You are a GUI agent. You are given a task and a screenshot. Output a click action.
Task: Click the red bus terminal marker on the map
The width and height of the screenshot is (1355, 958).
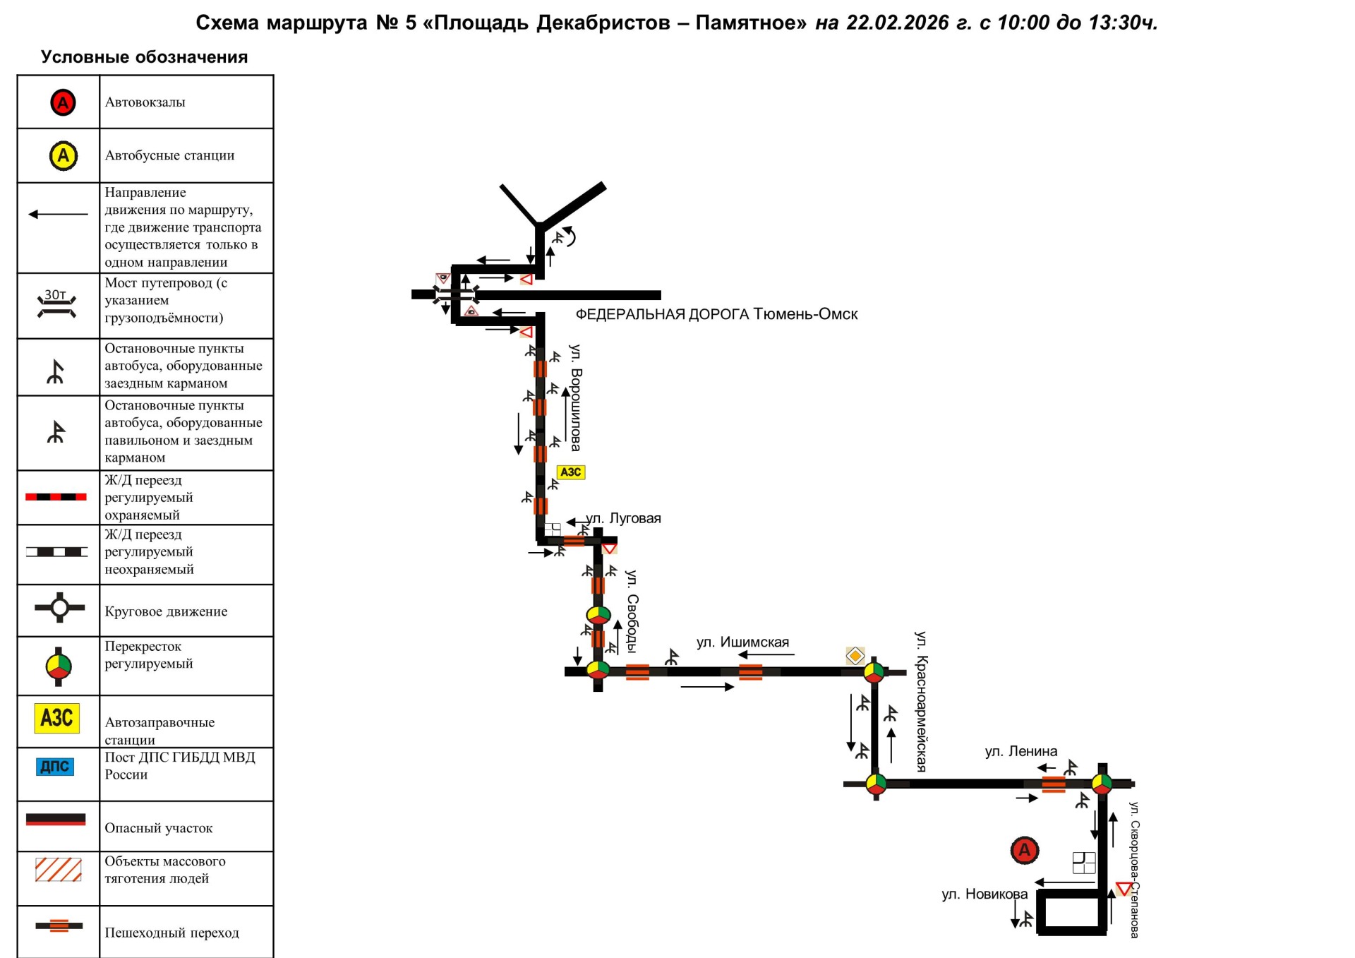click(x=1024, y=850)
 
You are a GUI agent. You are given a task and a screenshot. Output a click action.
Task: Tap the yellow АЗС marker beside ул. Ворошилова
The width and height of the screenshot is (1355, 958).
click(x=571, y=472)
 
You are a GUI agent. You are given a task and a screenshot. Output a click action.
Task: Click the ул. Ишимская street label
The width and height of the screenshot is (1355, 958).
click(x=742, y=642)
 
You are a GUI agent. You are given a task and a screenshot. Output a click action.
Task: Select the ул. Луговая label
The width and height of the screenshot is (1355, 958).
click(x=624, y=518)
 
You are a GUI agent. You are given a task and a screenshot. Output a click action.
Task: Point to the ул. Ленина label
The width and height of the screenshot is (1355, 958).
click(x=1020, y=751)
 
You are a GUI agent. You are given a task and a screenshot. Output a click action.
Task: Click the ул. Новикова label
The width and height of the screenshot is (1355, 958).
click(x=984, y=894)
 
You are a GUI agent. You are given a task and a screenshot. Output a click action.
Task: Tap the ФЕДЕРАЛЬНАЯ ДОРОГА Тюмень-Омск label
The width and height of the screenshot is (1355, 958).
click(x=716, y=314)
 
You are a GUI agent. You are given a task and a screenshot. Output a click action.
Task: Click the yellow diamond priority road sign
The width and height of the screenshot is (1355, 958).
click(x=855, y=656)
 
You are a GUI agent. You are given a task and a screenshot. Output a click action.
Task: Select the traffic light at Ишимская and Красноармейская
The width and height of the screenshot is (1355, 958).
click(x=874, y=671)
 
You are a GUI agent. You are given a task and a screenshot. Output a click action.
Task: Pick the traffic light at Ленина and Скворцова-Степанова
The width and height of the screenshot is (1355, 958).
click(x=1102, y=783)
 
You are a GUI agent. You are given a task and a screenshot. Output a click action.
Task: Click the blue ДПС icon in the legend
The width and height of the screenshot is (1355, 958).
click(x=55, y=767)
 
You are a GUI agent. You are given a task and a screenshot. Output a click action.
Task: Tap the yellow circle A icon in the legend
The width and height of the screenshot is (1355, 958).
click(x=63, y=155)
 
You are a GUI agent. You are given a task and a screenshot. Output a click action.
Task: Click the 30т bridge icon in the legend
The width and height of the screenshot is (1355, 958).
click(x=56, y=304)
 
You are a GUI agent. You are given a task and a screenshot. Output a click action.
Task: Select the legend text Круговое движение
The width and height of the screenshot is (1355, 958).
click(x=166, y=611)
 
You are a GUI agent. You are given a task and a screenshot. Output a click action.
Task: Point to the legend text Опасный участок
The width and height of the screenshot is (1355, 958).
click(x=158, y=828)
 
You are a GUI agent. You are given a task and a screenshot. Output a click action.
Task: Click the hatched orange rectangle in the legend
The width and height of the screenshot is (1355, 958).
click(x=58, y=870)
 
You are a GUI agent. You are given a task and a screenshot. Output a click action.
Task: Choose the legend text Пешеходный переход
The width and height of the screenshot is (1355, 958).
click(x=171, y=933)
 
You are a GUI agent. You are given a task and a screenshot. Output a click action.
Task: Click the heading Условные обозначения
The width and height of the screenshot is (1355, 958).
click(x=144, y=57)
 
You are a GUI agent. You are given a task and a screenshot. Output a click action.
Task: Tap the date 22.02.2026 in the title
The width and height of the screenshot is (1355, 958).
click(x=897, y=23)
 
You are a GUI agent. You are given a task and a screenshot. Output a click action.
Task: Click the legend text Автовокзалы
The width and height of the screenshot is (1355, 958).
click(x=145, y=102)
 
